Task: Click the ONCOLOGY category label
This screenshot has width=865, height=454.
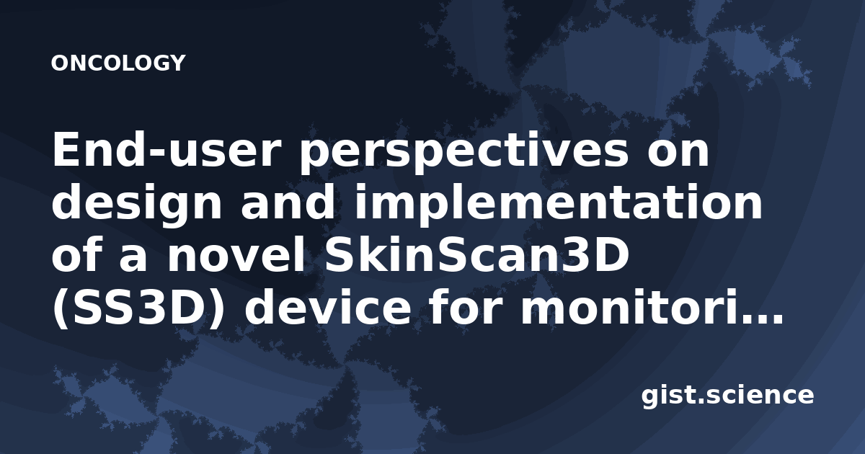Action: (118, 63)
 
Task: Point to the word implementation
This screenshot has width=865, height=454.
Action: (559, 202)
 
